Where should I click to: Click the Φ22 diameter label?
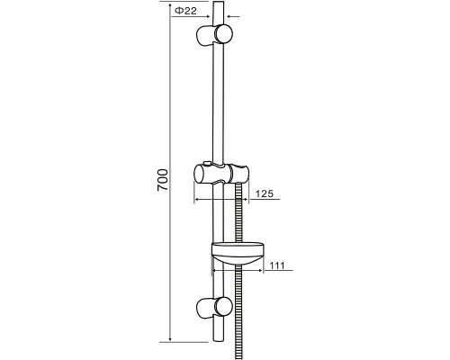pyautogui.click(x=185, y=11)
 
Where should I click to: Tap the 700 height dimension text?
pyautogui.click(x=163, y=180)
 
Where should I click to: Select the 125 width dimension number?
pyautogui.click(x=265, y=193)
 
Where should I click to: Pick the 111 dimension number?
pyautogui.click(x=276, y=265)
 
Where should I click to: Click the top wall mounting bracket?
pyautogui.click(x=214, y=34)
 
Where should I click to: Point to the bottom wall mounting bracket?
pyautogui.click(x=214, y=308)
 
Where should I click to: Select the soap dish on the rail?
pyautogui.click(x=238, y=253)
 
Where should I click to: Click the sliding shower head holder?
pyautogui.click(x=221, y=174)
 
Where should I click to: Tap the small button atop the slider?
pyautogui.click(x=206, y=163)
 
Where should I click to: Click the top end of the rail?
pyautogui.click(x=218, y=2)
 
